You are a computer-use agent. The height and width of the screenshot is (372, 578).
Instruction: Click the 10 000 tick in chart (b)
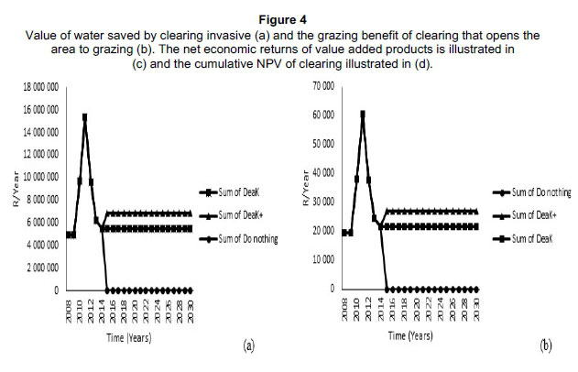(x=322, y=260)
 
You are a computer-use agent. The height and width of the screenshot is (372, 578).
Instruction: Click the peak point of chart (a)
(x=85, y=117)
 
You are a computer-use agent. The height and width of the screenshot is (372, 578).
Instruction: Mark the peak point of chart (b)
(x=363, y=115)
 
